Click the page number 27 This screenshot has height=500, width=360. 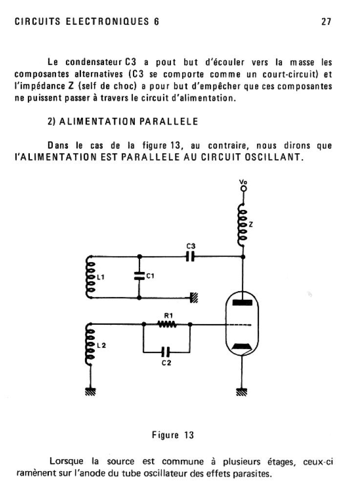(326, 22)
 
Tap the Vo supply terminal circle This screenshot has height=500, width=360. (243, 188)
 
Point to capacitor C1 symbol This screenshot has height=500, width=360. (140, 276)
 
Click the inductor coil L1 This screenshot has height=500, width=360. (90, 276)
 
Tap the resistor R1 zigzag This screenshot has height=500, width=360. (167, 324)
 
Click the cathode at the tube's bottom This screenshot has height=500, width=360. (243, 347)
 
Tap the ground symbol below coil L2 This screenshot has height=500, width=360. (90, 391)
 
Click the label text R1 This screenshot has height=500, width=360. (167, 316)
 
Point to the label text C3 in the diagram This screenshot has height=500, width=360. (191, 246)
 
